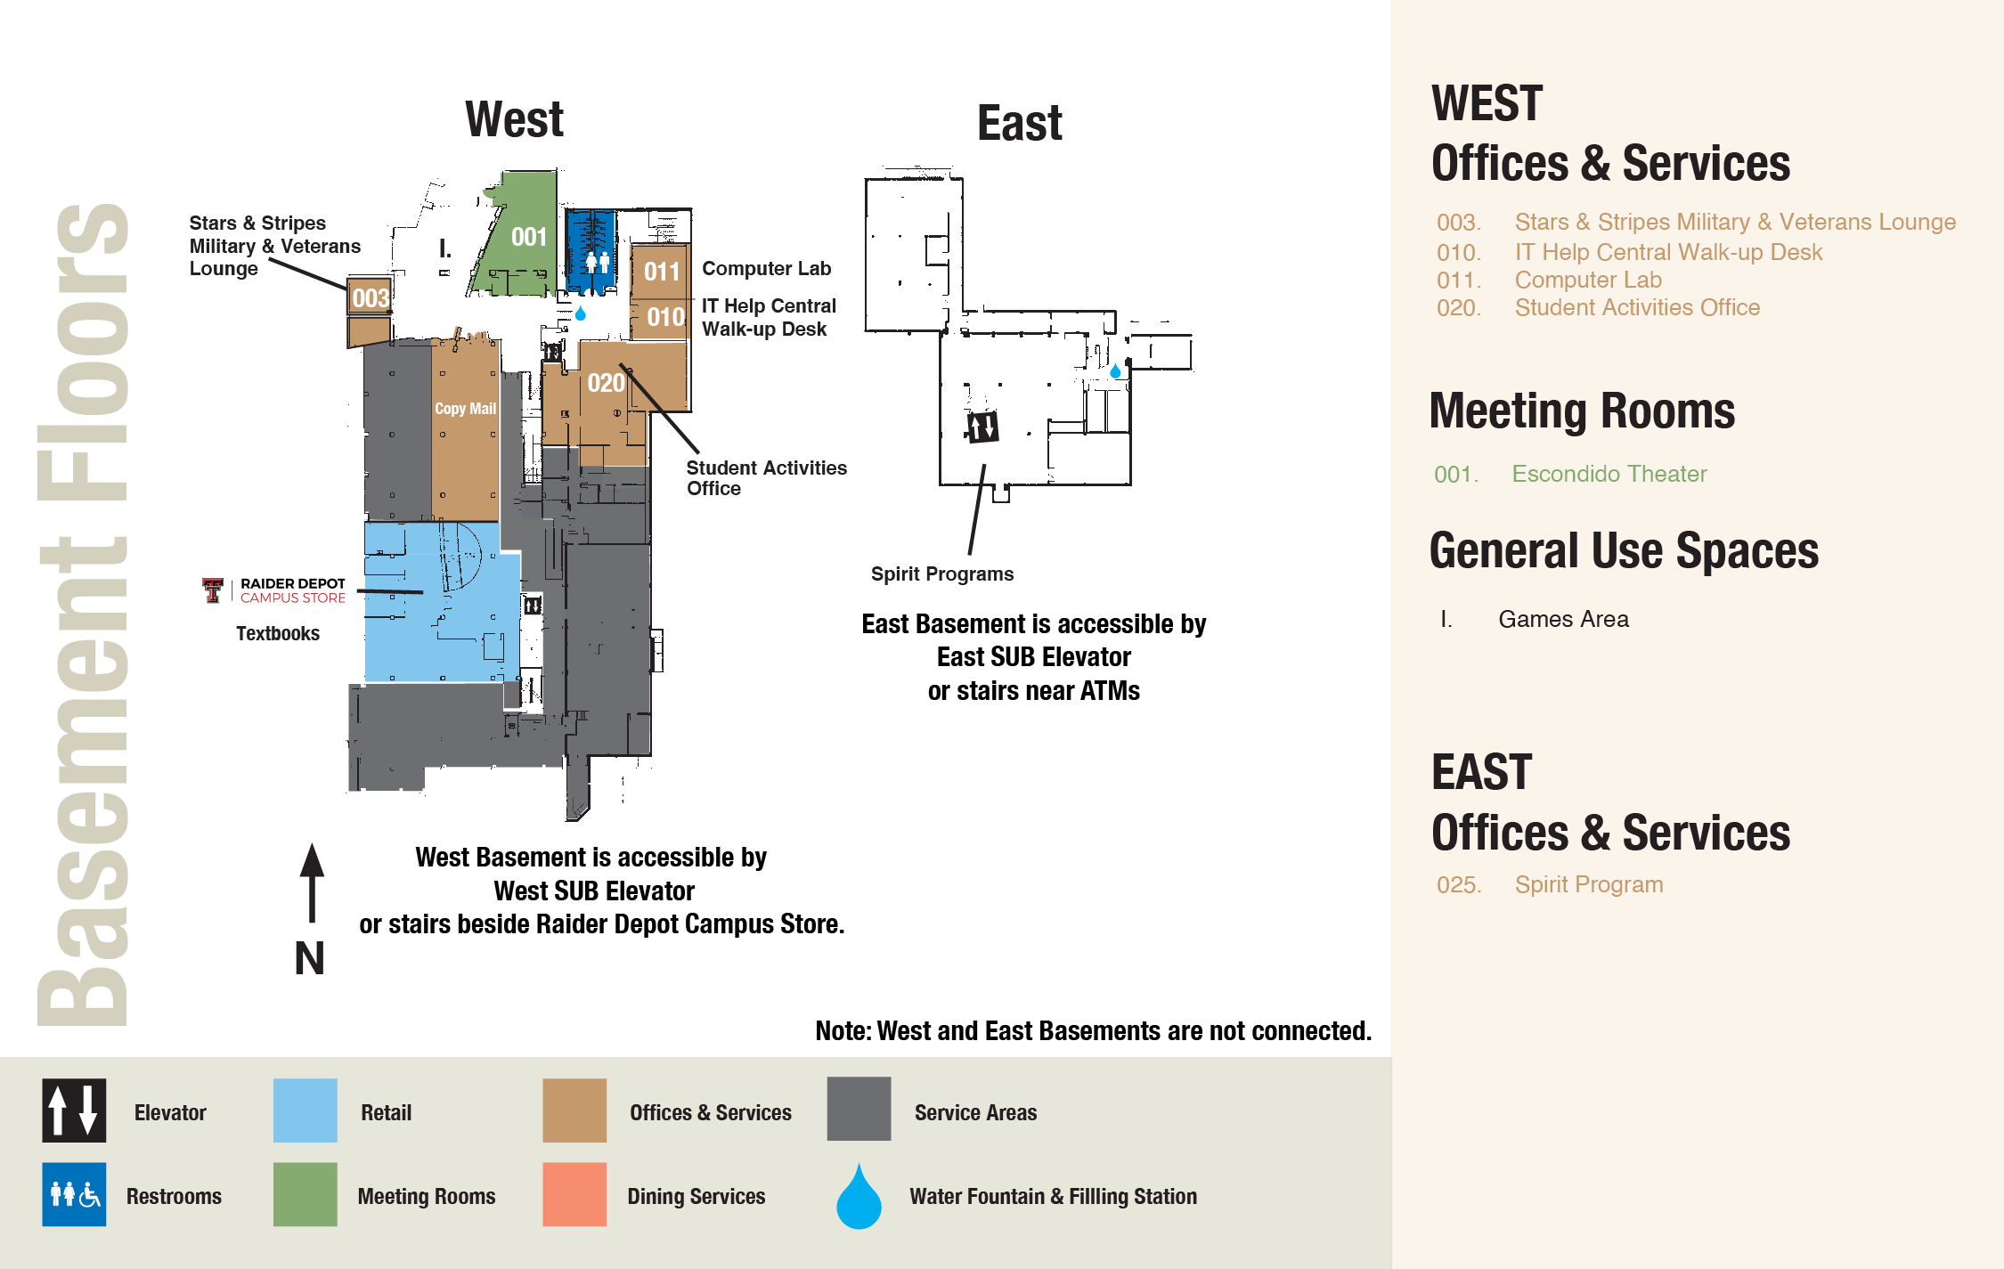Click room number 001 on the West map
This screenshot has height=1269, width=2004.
point(528,237)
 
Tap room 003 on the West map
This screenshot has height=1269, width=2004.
point(370,297)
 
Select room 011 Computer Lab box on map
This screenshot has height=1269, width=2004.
point(661,271)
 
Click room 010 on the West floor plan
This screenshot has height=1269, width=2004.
point(664,317)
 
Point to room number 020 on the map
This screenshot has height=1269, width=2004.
point(606,383)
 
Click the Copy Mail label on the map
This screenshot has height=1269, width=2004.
point(465,409)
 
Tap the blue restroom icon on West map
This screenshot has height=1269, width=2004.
point(597,261)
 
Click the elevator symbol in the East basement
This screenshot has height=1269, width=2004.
point(982,427)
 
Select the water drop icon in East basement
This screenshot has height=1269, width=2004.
point(1115,370)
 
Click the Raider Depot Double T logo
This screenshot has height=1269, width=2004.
point(212,590)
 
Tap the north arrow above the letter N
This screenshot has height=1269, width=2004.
point(312,882)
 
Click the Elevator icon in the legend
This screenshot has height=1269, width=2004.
point(74,1110)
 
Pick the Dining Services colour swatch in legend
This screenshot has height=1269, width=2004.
point(574,1194)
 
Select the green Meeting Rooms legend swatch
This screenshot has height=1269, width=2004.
point(305,1194)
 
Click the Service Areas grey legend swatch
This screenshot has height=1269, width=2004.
point(859,1110)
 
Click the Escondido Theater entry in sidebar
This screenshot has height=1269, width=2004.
point(1609,474)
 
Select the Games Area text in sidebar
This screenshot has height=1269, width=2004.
point(1563,619)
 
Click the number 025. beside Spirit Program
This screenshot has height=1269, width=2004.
point(1459,885)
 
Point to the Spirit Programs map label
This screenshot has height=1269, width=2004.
point(942,574)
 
